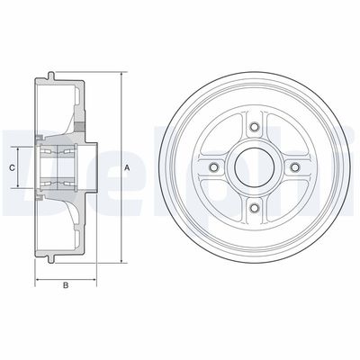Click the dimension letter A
click(128, 169)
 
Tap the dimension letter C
click(12, 168)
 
